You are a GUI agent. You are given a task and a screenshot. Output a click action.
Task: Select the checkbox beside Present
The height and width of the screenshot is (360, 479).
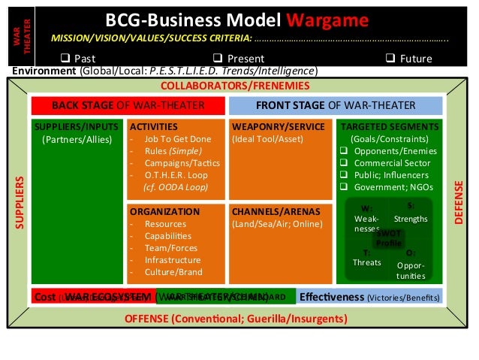tap(216, 58)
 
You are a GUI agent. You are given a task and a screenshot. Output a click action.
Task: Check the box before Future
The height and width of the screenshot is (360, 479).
tap(390, 58)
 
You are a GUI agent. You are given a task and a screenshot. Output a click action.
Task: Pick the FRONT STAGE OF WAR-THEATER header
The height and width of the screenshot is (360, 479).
tap(335, 105)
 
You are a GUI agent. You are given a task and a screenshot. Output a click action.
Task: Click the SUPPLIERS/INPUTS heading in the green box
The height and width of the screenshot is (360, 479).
tap(77, 126)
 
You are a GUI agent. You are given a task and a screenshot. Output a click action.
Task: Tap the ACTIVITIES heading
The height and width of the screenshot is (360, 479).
tap(155, 126)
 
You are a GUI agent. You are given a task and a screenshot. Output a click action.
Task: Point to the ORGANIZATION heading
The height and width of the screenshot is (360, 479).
tap(162, 211)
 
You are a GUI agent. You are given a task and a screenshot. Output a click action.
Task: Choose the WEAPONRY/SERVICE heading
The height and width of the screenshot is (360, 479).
tap(279, 126)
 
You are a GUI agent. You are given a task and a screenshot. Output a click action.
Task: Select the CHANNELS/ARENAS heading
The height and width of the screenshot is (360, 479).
tap(275, 211)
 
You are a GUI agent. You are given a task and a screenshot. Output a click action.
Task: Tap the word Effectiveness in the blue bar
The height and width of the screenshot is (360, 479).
tap(332, 297)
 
